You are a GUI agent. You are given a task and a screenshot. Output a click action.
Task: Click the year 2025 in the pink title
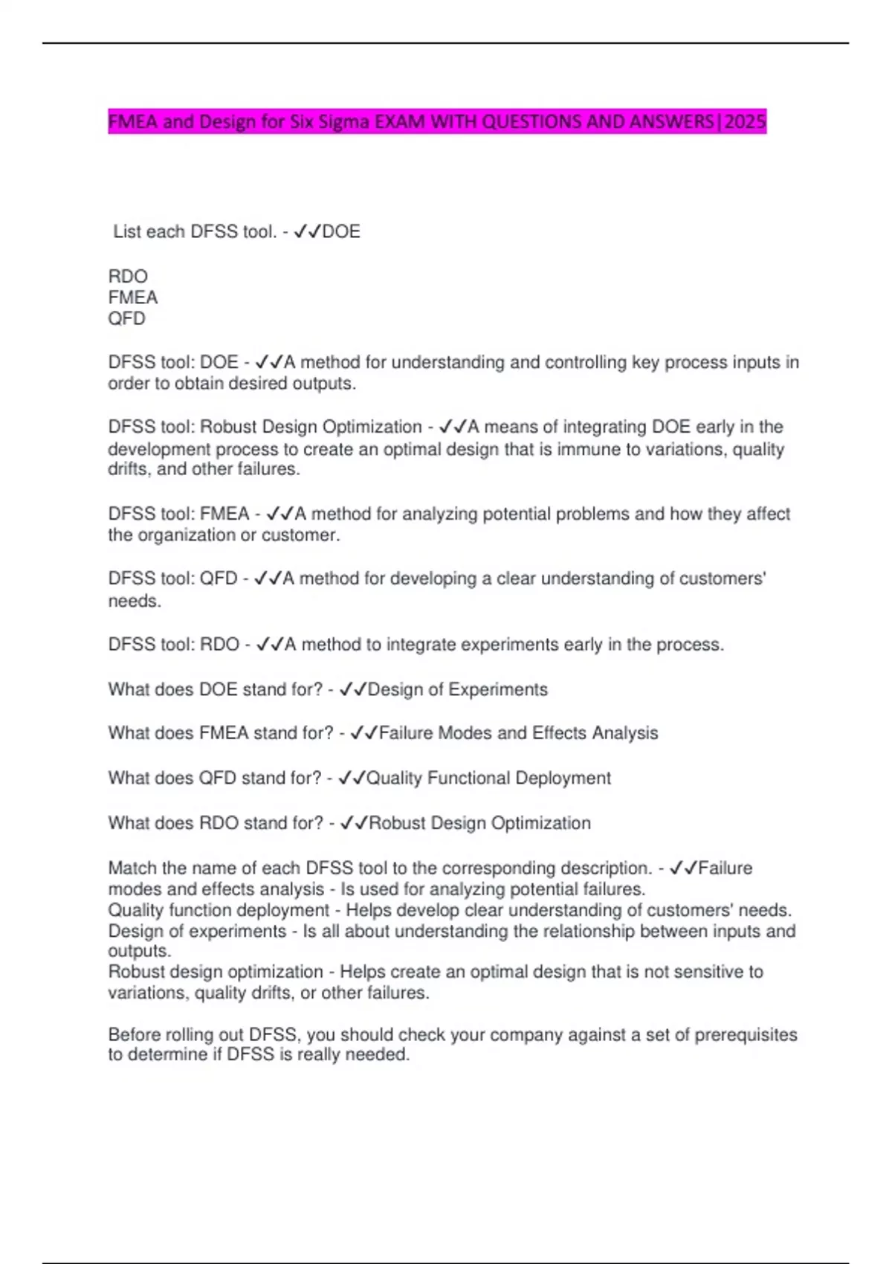point(744,121)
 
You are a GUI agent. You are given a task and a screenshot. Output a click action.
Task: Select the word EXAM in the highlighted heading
point(400,121)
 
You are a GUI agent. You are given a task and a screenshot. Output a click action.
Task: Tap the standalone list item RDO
point(128,277)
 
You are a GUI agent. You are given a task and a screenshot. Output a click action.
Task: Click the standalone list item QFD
point(126,319)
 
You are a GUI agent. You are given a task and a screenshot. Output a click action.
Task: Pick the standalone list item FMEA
point(133,297)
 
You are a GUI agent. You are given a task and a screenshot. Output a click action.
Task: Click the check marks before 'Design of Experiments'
point(353,690)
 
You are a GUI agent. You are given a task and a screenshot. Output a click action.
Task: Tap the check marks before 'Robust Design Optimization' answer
point(354,824)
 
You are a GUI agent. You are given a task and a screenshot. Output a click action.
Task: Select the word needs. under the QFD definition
point(135,602)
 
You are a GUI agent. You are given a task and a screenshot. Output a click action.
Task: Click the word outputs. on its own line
point(140,952)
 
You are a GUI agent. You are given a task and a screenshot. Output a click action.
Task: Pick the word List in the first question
point(127,232)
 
